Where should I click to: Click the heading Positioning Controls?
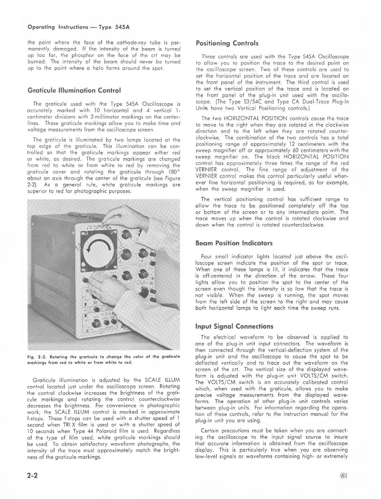[227, 43]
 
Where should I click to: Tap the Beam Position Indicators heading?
[229, 243]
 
